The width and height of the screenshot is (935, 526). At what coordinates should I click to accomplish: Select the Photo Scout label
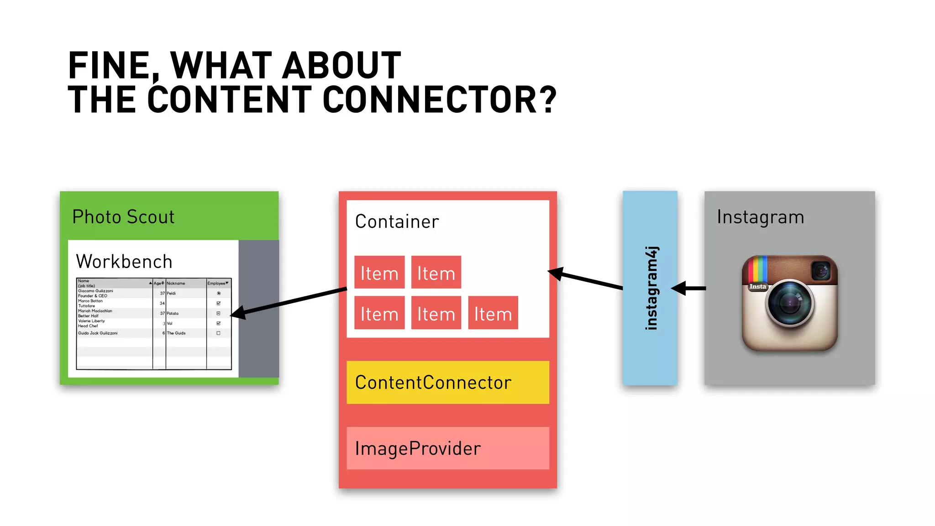[x=123, y=217]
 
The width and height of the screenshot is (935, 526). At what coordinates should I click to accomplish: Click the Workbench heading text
[x=124, y=262]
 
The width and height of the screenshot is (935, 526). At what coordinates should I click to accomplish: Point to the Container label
[x=397, y=222]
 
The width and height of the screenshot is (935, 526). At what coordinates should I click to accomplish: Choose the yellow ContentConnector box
[x=447, y=382]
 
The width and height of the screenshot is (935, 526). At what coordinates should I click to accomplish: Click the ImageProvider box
[x=447, y=448]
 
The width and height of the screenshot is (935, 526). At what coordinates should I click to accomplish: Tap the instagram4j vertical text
[x=651, y=288]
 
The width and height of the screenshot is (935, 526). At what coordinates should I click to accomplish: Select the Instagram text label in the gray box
[x=760, y=217]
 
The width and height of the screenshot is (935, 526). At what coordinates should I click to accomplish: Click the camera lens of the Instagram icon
[x=790, y=303]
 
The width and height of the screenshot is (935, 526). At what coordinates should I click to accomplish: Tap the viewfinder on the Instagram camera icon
[x=821, y=271]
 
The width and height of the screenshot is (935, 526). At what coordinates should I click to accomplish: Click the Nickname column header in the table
[x=176, y=284]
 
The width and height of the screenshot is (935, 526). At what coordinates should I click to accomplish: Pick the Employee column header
[x=217, y=284]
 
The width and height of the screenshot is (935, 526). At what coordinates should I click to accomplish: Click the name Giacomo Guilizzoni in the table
[x=95, y=291]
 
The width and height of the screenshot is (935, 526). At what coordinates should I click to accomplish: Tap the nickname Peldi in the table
[x=171, y=293]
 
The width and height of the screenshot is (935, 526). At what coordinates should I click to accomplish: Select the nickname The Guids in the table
[x=176, y=333]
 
